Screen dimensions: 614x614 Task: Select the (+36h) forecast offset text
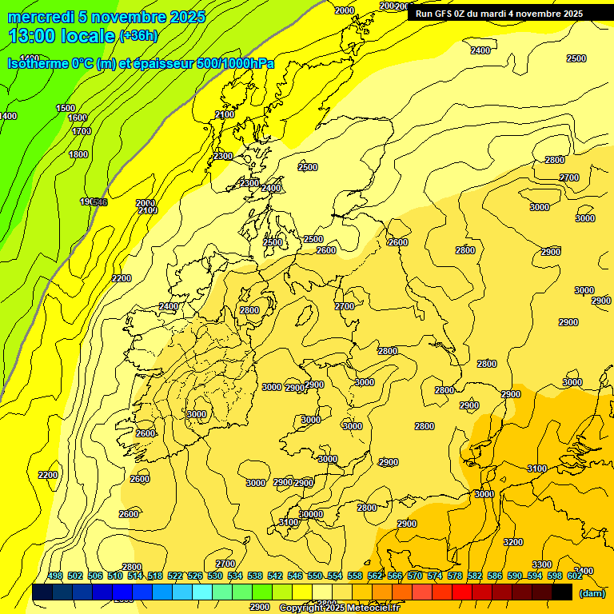tap(138, 36)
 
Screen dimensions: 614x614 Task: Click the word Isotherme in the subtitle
tap(38, 63)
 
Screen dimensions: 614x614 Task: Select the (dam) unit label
tap(592, 592)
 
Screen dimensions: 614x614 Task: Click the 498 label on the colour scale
tap(55, 576)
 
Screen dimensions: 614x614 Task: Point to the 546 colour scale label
tap(295, 576)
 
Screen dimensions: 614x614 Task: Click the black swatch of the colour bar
tap(562, 592)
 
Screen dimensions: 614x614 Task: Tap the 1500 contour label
tap(66, 108)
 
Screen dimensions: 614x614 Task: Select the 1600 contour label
tap(78, 118)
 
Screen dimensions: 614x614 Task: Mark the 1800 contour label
tap(78, 154)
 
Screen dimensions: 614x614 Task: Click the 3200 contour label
tap(513, 542)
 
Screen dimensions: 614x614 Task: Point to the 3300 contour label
tap(542, 565)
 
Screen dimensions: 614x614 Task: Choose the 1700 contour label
tap(82, 131)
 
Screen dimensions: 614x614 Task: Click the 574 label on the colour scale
tap(435, 576)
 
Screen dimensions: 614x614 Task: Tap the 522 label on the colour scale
tap(175, 576)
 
